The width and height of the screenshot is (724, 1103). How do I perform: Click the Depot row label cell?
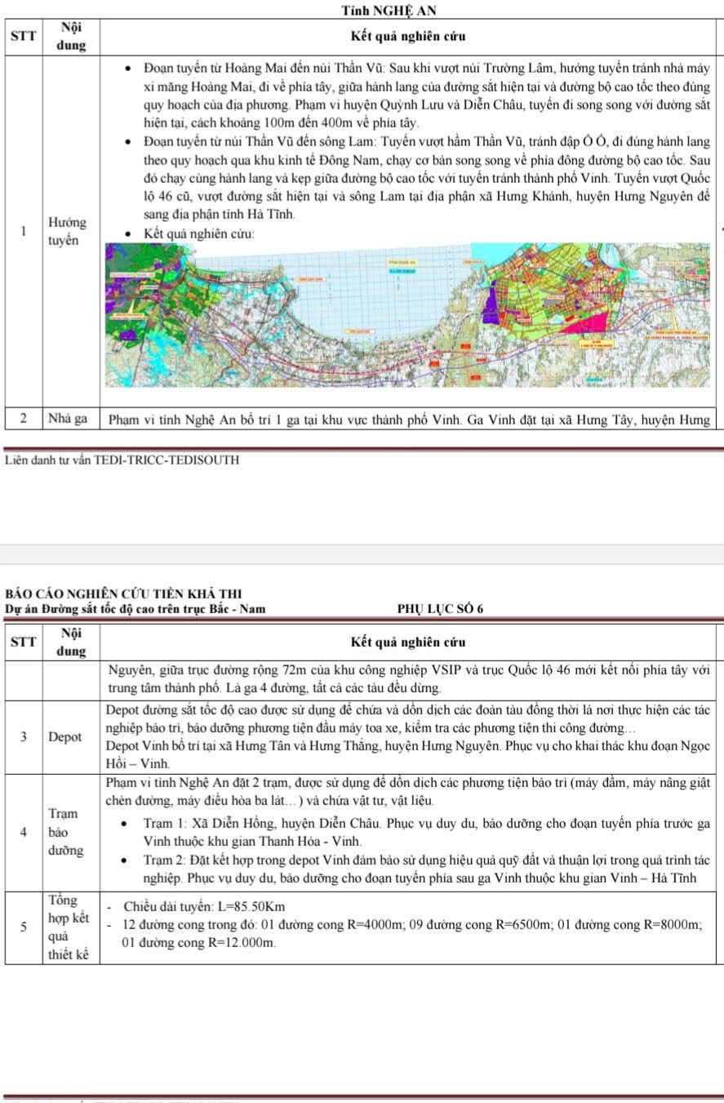65,736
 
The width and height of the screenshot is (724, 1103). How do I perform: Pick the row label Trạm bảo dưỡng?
64,832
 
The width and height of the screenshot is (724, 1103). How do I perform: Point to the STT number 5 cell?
24,926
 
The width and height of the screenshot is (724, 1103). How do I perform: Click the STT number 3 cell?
24,736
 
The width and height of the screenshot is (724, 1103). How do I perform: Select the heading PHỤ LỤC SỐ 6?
440,608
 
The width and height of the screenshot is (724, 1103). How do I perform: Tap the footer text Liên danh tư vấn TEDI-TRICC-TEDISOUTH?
122,460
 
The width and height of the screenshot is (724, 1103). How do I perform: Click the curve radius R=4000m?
375,925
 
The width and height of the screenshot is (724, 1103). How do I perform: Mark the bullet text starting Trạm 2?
416,869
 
